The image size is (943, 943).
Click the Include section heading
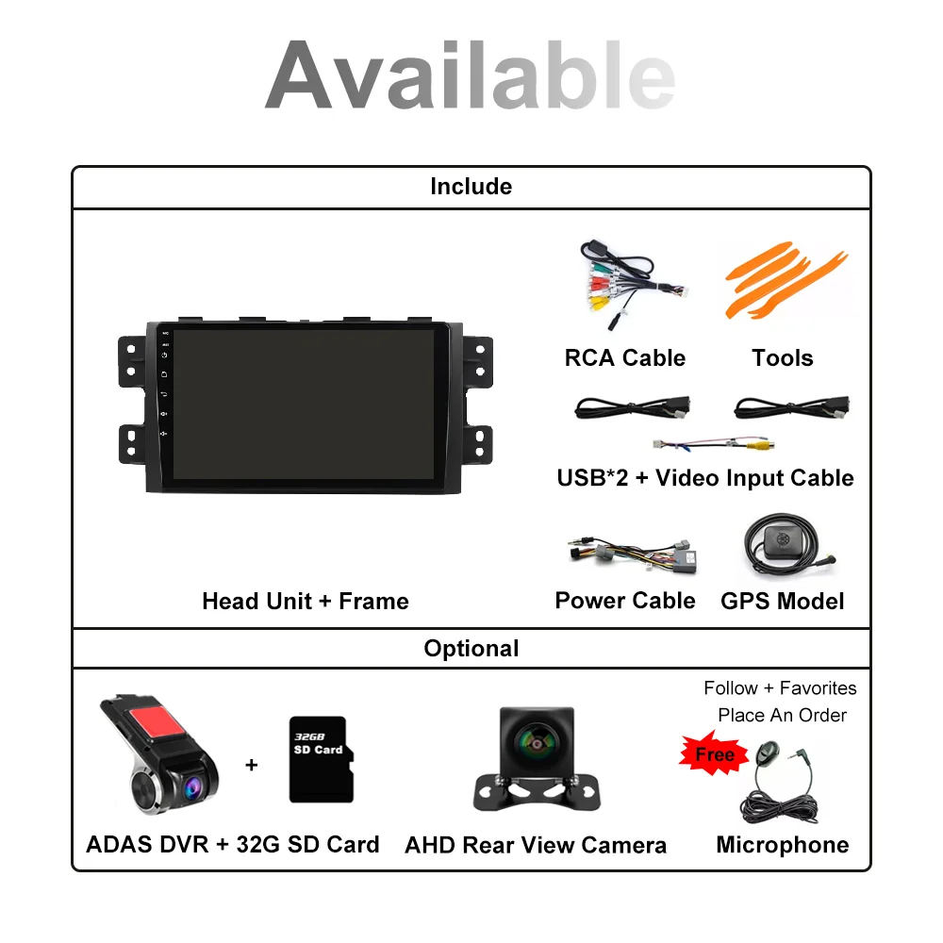pyautogui.click(x=471, y=187)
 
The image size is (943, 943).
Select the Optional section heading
pyautogui.click(x=471, y=649)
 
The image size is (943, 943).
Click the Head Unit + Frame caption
pyautogui.click(x=305, y=602)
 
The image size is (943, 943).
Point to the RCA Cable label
pyautogui.click(x=624, y=358)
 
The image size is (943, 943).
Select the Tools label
pyautogui.click(x=782, y=358)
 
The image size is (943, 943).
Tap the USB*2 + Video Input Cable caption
pyautogui.click(x=704, y=478)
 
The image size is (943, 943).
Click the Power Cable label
pyautogui.click(x=624, y=601)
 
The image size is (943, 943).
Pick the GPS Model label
pyautogui.click(x=782, y=602)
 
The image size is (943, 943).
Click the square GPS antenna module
pyautogui.click(x=781, y=541)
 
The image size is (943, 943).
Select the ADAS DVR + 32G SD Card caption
pyautogui.click(x=232, y=844)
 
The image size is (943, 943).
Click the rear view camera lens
pyautogui.click(x=535, y=741)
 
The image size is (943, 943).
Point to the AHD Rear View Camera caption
pyautogui.click(x=535, y=845)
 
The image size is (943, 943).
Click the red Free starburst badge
pyautogui.click(x=714, y=754)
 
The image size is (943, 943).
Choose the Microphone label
pyautogui.click(x=782, y=845)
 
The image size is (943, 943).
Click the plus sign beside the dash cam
pyautogui.click(x=251, y=765)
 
